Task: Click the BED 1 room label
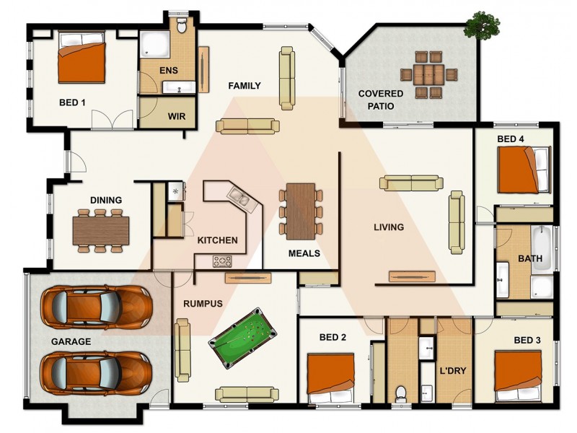click(x=72, y=102)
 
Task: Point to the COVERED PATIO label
click(x=381, y=99)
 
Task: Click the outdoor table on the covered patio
click(x=430, y=74)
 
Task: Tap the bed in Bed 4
click(x=524, y=170)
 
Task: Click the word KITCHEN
click(x=217, y=240)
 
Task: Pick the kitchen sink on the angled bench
click(x=239, y=196)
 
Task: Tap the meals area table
click(x=300, y=211)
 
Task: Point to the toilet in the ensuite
click(x=182, y=26)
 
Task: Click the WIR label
click(x=177, y=116)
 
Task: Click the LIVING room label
click(x=388, y=227)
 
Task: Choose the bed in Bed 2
click(x=331, y=377)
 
